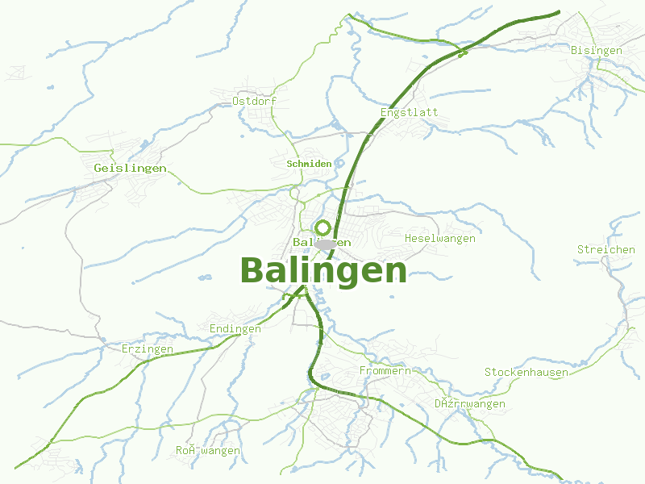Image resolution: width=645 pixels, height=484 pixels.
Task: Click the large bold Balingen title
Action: pyautogui.click(x=323, y=271)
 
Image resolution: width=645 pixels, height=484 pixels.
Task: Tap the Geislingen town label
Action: pyautogui.click(x=130, y=168)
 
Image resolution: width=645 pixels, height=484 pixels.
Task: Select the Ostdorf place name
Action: pyautogui.click(x=254, y=102)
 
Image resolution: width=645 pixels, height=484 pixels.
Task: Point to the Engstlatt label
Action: pyautogui.click(x=410, y=112)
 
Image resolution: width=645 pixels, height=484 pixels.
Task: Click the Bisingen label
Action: pyautogui.click(x=597, y=51)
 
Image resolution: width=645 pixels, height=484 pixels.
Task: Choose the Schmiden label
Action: pyautogui.click(x=309, y=164)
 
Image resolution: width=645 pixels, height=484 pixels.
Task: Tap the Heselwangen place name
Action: pyautogui.click(x=440, y=239)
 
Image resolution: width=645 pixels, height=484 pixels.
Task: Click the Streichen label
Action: pyautogui.click(x=606, y=250)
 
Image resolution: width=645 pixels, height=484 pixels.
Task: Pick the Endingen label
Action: pyautogui.click(x=235, y=329)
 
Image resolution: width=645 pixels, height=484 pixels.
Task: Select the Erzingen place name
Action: pyautogui.click(x=148, y=349)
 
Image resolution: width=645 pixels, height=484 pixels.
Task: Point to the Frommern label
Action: pyautogui.click(x=385, y=371)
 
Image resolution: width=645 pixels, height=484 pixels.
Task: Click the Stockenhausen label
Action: pyautogui.click(x=526, y=373)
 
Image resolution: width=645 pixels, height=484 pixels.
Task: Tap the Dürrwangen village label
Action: pyautogui.click(x=470, y=404)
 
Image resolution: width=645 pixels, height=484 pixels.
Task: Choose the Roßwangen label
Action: pyautogui.click(x=208, y=451)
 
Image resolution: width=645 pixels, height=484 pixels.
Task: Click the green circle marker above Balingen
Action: pyautogui.click(x=323, y=227)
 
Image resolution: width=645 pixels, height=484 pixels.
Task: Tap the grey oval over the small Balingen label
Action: pyautogui.click(x=326, y=244)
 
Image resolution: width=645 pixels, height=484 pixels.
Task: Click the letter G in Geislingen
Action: pyautogui.click(x=98, y=168)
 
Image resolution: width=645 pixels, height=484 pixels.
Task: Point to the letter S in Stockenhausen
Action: pyautogui.click(x=488, y=373)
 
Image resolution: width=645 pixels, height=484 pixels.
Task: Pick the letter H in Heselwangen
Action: pyautogui.click(x=409, y=239)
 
